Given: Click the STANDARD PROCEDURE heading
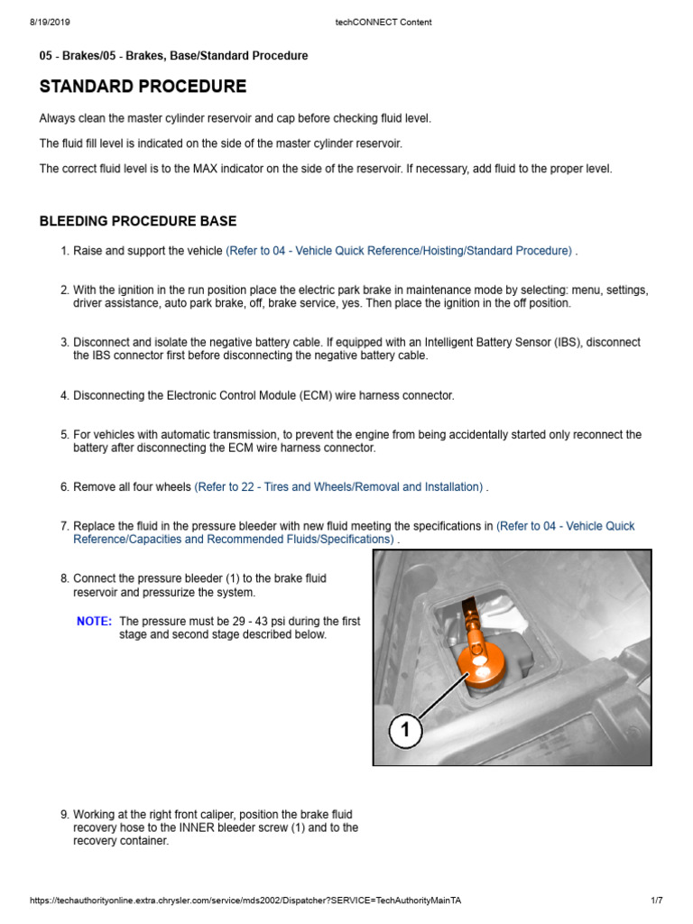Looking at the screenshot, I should [x=143, y=88].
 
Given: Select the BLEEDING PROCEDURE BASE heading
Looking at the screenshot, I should [x=138, y=221].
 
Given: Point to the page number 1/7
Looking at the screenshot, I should [x=656, y=901].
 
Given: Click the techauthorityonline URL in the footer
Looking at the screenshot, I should [x=251, y=901].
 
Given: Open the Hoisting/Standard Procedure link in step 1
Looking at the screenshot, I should [x=399, y=251].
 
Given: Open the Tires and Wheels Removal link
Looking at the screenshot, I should [x=338, y=487].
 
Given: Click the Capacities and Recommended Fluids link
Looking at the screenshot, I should [x=235, y=540].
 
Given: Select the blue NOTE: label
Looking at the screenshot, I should [x=94, y=622].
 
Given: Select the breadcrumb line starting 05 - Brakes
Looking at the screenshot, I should [x=173, y=56].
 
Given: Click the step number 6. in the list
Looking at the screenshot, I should [x=64, y=487].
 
